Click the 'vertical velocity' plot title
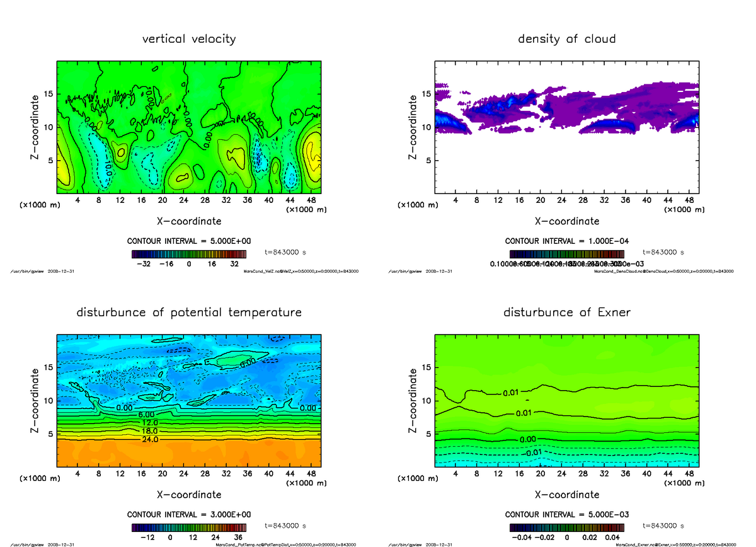tap(189, 39)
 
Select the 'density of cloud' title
tap(566, 39)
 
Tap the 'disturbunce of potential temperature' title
tap(189, 313)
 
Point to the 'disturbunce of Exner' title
tap(566, 313)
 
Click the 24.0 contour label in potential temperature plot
tap(150, 439)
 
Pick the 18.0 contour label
tap(149, 430)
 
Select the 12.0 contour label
tap(149, 422)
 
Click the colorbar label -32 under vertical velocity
tap(147, 264)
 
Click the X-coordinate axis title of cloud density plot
tap(566, 221)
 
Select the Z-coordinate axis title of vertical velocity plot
tap(36, 127)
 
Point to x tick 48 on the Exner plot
tap(689, 473)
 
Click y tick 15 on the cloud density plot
tap(425, 94)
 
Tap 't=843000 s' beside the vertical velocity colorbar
tap(285, 252)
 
